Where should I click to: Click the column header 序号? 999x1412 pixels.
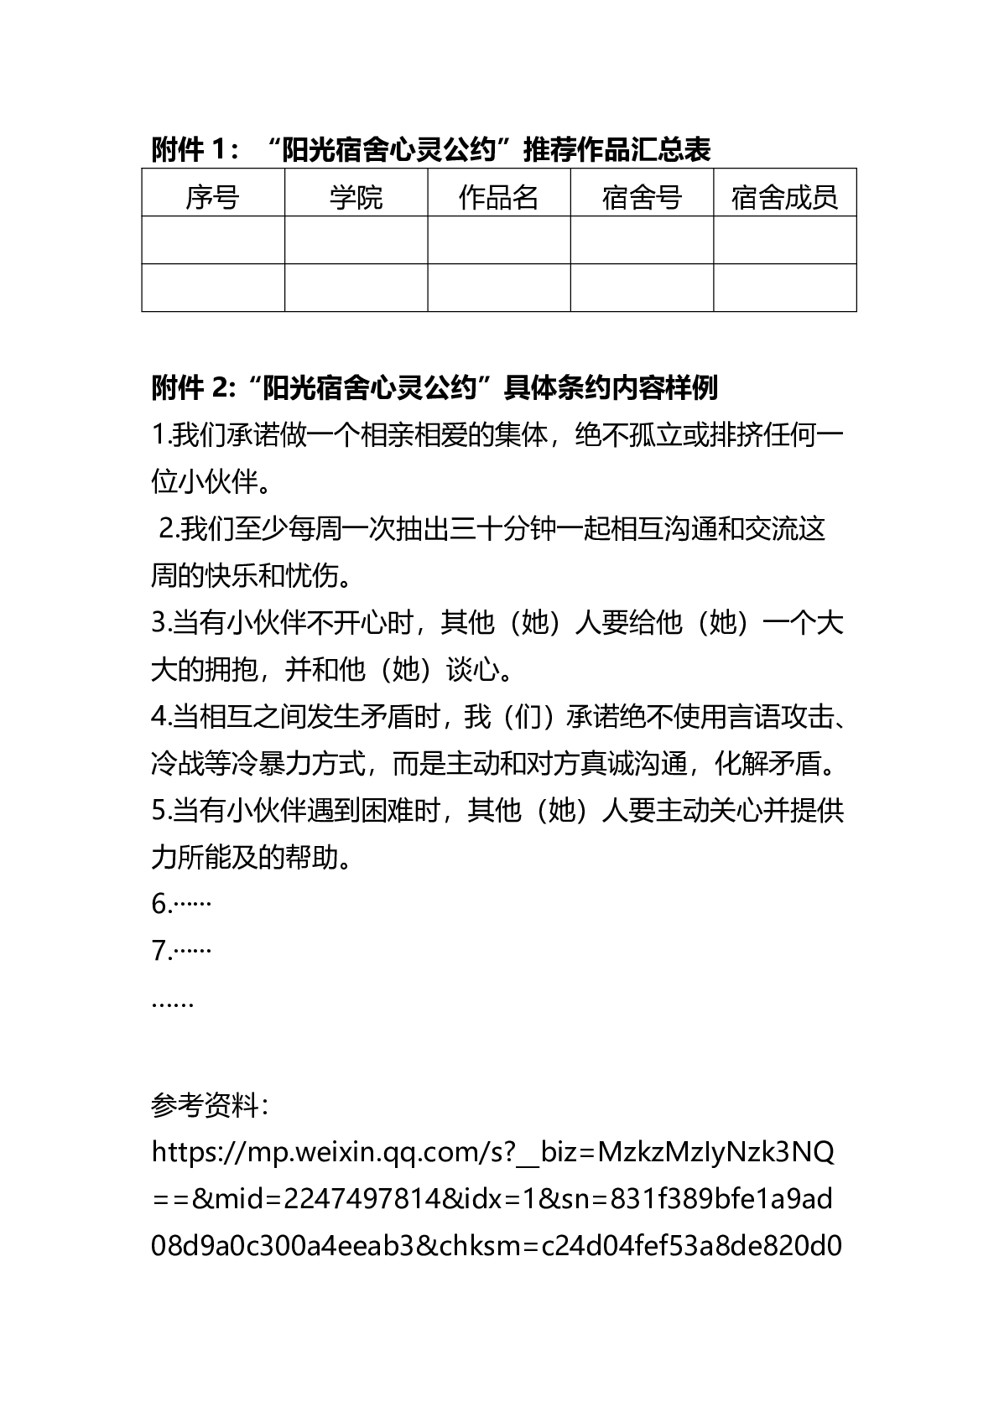pos(212,198)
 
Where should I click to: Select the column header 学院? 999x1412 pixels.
pos(356,198)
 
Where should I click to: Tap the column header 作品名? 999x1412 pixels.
pos(498,198)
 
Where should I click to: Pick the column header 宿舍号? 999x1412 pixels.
pos(642,198)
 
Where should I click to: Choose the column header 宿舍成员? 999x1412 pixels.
pos(784,198)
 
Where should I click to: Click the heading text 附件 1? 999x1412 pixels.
pos(189,150)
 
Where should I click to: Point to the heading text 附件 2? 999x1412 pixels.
pos(189,388)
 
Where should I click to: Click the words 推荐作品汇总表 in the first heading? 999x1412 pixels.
pos(617,150)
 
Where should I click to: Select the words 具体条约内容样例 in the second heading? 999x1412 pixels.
pos(610,388)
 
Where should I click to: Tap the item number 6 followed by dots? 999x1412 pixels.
pos(180,904)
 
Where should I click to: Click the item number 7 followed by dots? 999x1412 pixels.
pos(180,951)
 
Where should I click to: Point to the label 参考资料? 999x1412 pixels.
pos(208,1105)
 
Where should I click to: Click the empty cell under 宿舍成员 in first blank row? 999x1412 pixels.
pos(784,241)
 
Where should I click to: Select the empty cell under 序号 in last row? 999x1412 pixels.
pos(212,288)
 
